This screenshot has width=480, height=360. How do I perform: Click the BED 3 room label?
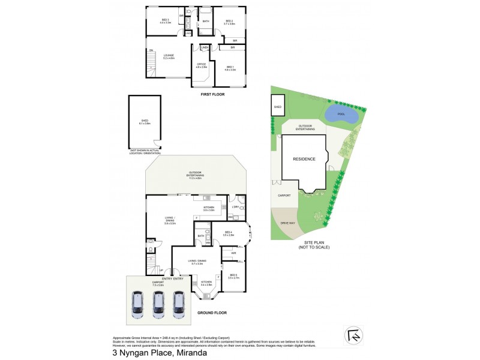(x=166, y=21)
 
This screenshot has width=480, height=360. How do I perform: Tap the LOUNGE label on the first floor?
(x=169, y=56)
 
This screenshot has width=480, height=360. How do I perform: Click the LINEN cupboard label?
(x=205, y=47)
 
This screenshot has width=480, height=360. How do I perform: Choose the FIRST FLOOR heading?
(x=212, y=94)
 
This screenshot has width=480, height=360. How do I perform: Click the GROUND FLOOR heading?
(x=212, y=313)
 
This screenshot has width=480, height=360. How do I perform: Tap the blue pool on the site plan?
(x=341, y=113)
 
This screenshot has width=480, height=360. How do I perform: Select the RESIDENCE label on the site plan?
(x=304, y=159)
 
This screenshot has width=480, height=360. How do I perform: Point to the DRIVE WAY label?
(x=288, y=223)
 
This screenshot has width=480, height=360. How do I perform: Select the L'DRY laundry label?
(x=235, y=208)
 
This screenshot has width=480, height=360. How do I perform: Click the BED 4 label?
(x=228, y=233)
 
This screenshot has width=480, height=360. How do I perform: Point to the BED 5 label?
(x=233, y=276)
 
